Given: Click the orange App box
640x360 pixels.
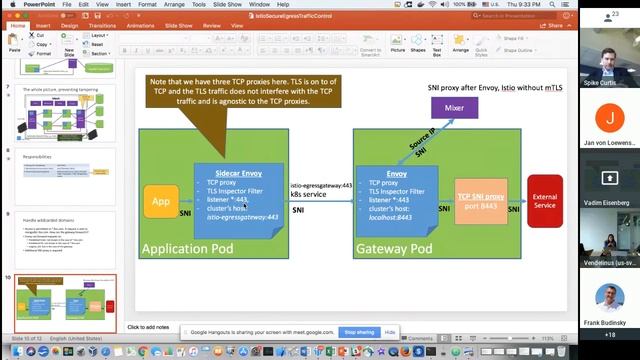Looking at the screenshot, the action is pyautogui.click(x=161, y=201).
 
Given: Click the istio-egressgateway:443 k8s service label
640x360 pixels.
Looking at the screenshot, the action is pyautogui.click(x=320, y=190).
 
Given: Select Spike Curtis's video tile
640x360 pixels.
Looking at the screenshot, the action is pyautogui.click(x=610, y=56).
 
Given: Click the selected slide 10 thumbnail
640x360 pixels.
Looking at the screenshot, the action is pyautogui.click(x=65, y=301).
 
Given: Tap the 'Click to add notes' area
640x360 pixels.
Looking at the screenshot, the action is pyautogui.click(x=148, y=327).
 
